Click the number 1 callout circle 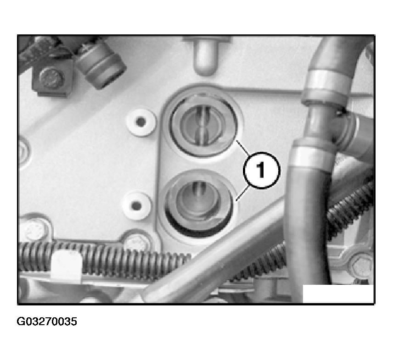pos(261,170)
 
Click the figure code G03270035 pos(47,321)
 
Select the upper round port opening pos(203,124)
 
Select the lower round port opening pos(198,205)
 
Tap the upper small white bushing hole pos(140,122)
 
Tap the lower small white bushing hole pos(136,206)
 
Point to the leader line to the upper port pos(242,148)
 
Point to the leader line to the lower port pos(242,193)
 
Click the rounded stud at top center pos(205,56)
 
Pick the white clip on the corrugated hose pos(66,267)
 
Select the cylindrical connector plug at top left pos(101,65)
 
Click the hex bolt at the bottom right pos(361,266)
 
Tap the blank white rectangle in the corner pos(338,294)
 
